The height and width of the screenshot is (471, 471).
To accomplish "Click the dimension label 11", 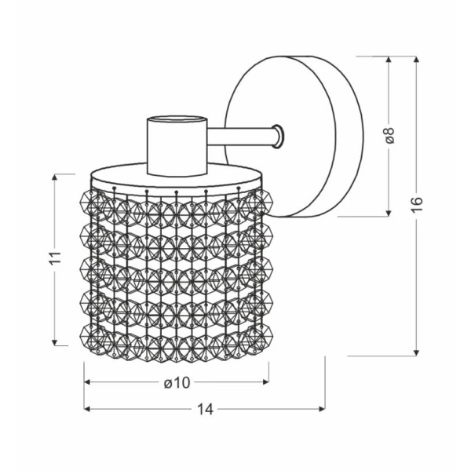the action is point(55,257).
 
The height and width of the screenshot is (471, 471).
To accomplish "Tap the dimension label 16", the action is point(417,205).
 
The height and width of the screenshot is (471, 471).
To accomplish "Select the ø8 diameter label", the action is point(389,135).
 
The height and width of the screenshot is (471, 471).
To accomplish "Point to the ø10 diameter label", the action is point(177,383).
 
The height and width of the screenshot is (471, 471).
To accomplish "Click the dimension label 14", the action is point(205,409).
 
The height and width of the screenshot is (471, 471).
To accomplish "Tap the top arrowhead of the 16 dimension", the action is point(416,59).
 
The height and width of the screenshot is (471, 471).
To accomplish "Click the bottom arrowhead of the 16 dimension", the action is point(416,352).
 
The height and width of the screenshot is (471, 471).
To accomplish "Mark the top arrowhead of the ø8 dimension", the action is point(389,60).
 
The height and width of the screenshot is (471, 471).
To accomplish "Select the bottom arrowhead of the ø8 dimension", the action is point(389,213).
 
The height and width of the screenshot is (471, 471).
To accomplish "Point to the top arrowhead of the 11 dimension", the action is point(54,177).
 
